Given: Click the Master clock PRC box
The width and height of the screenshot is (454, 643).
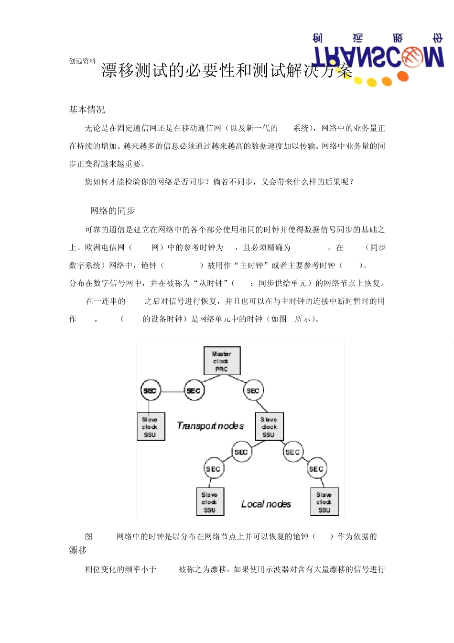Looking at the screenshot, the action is point(222,361).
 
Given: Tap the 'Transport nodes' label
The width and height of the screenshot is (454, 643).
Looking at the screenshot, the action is point(210,426).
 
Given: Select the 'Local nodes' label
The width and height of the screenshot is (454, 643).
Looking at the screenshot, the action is point(266,504).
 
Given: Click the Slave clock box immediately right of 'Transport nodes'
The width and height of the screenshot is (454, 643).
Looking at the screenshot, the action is point(269,427).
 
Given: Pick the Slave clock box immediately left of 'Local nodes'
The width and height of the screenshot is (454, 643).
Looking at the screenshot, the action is point(210,502).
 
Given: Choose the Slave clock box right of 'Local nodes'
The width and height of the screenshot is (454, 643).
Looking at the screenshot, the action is point(324,502).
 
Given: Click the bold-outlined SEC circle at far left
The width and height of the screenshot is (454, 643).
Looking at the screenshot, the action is point(150,391).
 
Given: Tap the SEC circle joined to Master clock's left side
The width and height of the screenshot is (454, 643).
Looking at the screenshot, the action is point(194,391).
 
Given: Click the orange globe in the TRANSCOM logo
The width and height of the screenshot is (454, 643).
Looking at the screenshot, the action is point(411,57).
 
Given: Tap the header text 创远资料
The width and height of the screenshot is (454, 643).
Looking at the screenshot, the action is point(82,61).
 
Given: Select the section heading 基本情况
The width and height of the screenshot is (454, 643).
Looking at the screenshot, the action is point(87,110).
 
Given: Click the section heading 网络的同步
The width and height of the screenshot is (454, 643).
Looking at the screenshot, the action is point(113,211).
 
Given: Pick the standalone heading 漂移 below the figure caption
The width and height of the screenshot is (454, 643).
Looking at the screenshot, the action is point(78,551).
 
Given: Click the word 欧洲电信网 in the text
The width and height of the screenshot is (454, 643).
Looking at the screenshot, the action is point(105,248).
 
